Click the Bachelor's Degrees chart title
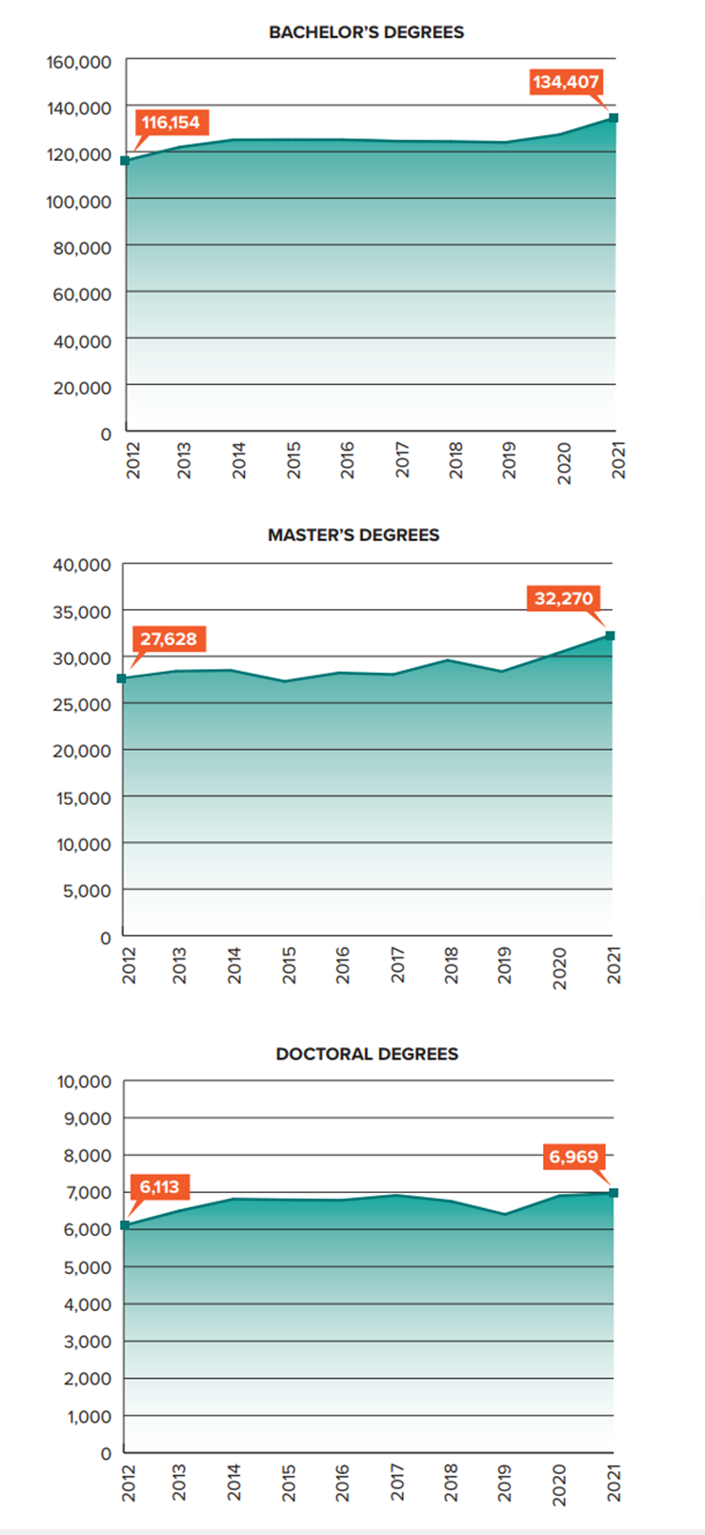[x=366, y=32]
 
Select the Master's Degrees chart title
[x=353, y=535]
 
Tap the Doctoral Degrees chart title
[x=367, y=1054]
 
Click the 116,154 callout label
[x=171, y=123]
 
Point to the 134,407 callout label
[x=565, y=82]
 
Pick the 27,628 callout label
[x=169, y=639]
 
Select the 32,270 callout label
[x=563, y=599]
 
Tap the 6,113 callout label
[x=159, y=1187]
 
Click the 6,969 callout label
[x=573, y=1158]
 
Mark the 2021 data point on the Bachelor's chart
[x=614, y=118]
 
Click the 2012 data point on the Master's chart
[x=122, y=678]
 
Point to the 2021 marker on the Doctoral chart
[x=614, y=1193]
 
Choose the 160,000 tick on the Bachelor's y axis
[x=79, y=63]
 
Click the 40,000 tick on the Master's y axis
[x=83, y=565]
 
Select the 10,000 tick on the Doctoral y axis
[x=84, y=1082]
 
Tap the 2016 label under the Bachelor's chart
[x=347, y=460]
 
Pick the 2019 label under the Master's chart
[x=505, y=965]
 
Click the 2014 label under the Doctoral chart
[x=234, y=1483]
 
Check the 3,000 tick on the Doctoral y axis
[x=88, y=1342]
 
